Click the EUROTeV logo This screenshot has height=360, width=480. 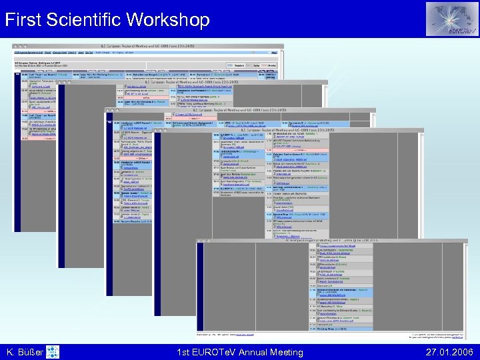pyautogui.click(x=451, y=19)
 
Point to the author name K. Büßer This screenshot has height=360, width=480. pyautogui.click(x=26, y=352)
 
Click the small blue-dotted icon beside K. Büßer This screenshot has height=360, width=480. pyautogui.click(x=54, y=351)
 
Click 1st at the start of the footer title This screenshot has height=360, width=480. pyautogui.click(x=185, y=352)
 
